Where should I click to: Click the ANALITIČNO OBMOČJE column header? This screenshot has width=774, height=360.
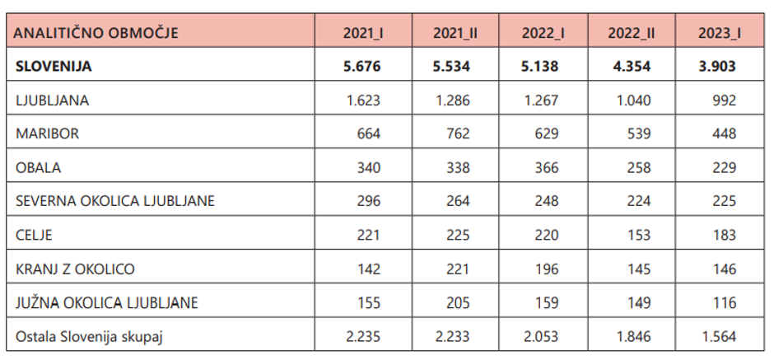click(97, 34)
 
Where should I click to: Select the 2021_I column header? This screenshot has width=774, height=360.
click(362, 34)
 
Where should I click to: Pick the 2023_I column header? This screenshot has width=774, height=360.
click(719, 34)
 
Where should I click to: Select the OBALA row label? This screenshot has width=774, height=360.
click(39, 167)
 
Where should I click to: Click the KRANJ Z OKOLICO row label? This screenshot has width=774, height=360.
click(76, 269)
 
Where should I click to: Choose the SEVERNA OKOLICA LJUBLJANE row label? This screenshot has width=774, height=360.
click(116, 201)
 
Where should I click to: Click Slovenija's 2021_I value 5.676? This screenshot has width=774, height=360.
click(362, 67)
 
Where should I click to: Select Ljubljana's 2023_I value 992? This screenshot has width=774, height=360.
click(725, 101)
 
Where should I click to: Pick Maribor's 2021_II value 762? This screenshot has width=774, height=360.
click(457, 133)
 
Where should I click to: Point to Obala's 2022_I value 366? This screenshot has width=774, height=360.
click(546, 167)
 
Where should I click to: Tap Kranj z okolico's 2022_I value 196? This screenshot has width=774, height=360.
click(546, 269)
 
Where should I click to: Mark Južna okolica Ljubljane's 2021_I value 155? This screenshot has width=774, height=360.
click(368, 302)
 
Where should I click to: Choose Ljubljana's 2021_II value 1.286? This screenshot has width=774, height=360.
click(451, 101)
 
